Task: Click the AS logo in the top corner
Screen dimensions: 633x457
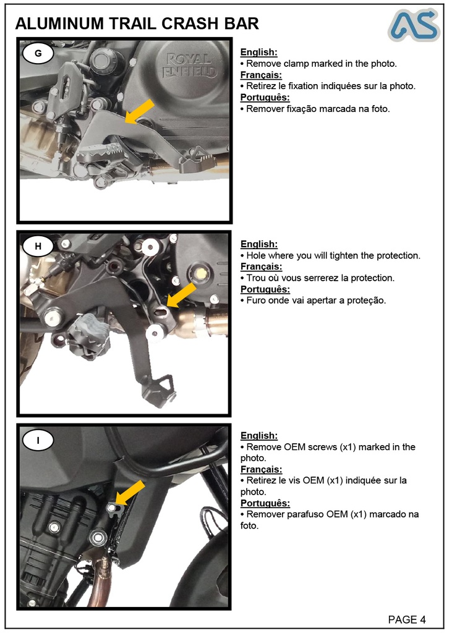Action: point(414,25)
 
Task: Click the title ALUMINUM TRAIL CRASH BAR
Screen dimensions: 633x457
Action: point(137,24)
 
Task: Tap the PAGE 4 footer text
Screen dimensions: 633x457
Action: point(406,619)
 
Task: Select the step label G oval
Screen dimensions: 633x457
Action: point(38,54)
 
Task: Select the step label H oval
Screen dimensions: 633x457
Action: point(38,247)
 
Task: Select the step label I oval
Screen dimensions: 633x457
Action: point(38,440)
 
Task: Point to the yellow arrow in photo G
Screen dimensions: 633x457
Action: point(139,111)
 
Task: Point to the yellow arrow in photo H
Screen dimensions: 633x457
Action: point(181,295)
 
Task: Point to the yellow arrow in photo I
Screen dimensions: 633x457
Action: point(130,493)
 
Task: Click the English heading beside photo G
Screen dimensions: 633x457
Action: point(258,53)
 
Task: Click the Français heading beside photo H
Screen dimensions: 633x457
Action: point(261,266)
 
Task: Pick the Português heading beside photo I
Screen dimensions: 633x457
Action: point(265,503)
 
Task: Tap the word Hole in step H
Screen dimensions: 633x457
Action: point(257,255)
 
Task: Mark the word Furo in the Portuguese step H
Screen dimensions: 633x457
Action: point(257,300)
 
